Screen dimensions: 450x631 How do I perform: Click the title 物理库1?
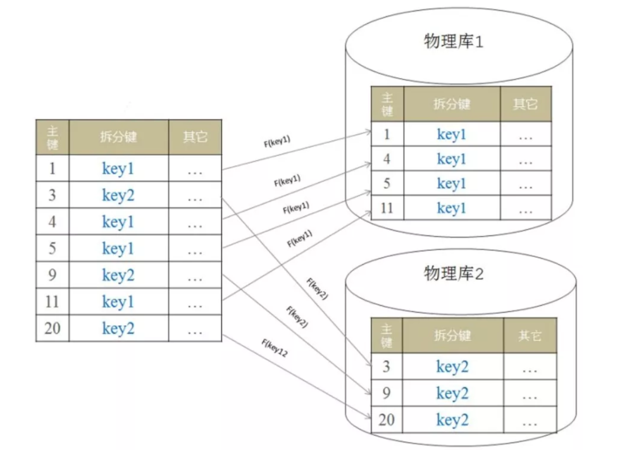click(453, 42)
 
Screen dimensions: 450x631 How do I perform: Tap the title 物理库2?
click(453, 274)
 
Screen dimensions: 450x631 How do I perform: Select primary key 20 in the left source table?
click(52, 328)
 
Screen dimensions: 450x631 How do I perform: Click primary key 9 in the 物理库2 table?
click(386, 393)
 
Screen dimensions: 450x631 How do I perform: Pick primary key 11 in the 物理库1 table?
click(387, 208)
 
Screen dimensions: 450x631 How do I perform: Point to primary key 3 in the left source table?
click(52, 195)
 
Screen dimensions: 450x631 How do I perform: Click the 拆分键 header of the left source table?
click(118, 137)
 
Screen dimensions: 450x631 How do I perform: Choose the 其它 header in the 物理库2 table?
click(530, 335)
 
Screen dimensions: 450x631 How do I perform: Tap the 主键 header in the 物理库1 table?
click(387, 104)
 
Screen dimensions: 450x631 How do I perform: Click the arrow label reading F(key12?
click(274, 349)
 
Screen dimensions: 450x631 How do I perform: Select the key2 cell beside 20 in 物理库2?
click(452, 420)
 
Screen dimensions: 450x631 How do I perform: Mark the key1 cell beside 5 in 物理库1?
click(451, 184)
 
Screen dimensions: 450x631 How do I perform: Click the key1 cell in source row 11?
click(118, 302)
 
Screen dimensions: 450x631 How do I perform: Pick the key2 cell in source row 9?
click(118, 275)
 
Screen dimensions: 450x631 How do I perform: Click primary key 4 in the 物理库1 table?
click(387, 159)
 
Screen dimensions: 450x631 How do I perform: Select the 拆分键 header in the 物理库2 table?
click(452, 335)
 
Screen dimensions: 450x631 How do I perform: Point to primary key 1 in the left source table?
click(52, 169)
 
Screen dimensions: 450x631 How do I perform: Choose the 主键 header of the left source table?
click(52, 137)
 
